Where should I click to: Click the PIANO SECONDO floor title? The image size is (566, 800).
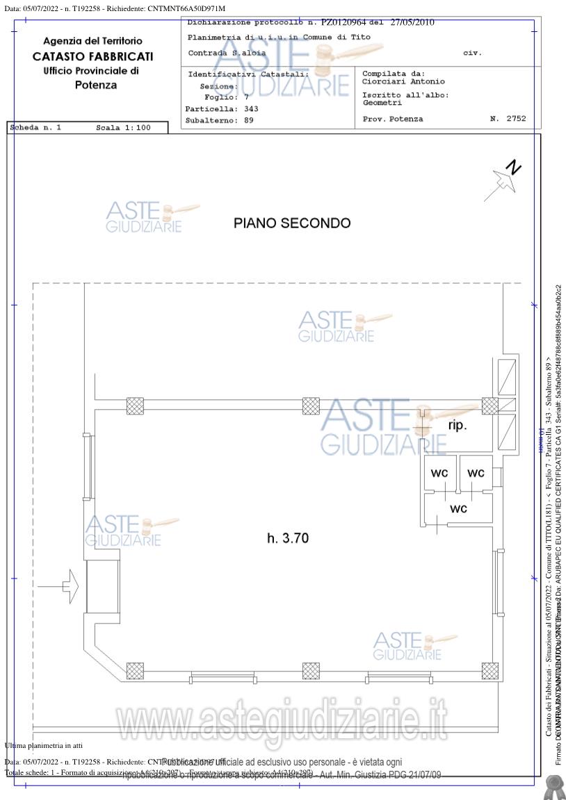[x=292, y=224]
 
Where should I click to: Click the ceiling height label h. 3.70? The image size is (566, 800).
[x=287, y=537]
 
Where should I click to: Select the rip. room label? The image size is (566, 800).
[x=458, y=425]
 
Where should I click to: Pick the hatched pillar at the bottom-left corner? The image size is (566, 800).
[x=136, y=671]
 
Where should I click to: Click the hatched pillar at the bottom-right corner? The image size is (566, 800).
[x=490, y=671]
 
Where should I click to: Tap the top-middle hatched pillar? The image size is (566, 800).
[x=311, y=406]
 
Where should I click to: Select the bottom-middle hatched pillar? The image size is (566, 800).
[x=311, y=671]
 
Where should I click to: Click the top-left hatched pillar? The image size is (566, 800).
[x=135, y=406]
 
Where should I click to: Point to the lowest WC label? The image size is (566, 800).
[x=458, y=508]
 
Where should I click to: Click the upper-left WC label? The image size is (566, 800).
[x=439, y=473]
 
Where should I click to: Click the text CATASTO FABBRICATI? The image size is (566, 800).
[x=93, y=56]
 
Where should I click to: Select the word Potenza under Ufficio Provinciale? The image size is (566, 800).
[x=95, y=85]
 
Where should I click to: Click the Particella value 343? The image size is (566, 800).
[x=251, y=109]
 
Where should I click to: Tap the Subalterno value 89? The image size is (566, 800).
[x=248, y=120]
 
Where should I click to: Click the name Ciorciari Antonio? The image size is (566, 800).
[x=403, y=81]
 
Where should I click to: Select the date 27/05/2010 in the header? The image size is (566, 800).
[x=412, y=23]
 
